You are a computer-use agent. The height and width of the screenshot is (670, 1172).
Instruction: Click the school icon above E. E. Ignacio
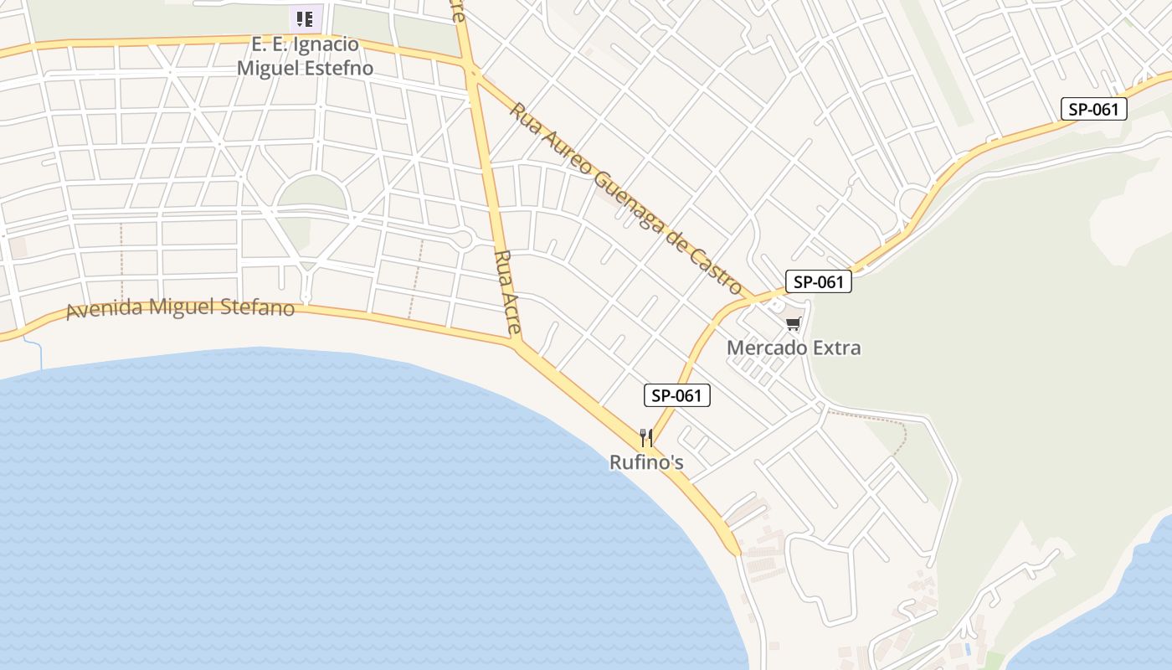(306, 18)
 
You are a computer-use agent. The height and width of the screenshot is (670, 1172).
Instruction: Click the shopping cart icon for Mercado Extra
(793, 323)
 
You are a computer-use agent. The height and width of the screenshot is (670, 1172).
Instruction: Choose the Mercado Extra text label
(794, 348)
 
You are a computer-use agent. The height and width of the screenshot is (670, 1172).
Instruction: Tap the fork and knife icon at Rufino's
(646, 438)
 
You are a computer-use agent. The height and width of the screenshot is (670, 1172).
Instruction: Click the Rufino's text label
(646, 462)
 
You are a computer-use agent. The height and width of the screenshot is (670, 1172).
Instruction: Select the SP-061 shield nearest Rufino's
(676, 395)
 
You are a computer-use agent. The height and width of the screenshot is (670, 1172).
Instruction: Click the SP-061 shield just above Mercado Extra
(818, 281)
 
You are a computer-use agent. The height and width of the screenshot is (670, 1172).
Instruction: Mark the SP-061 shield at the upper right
(1093, 109)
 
